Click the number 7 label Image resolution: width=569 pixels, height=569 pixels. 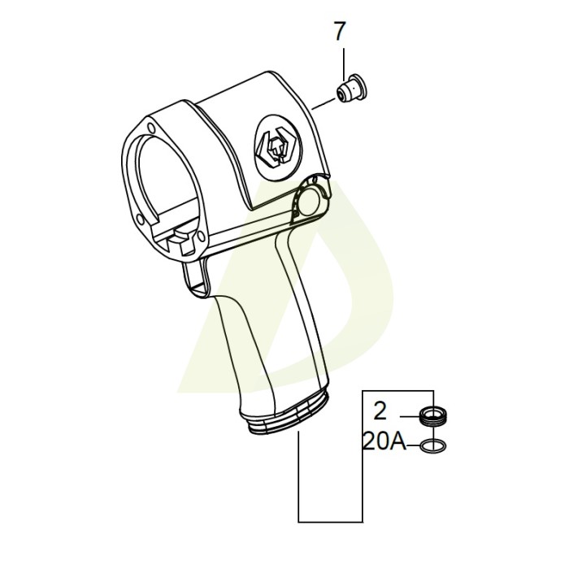click(340, 32)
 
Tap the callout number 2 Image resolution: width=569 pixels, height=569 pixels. click(380, 410)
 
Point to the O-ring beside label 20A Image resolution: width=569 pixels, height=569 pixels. click(432, 445)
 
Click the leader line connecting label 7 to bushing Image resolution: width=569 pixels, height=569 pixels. click(345, 61)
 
